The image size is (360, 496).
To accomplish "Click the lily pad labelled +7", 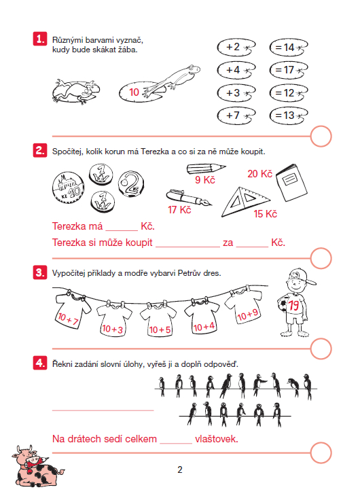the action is click(236, 116).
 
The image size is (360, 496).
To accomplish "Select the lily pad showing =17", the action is click(289, 70).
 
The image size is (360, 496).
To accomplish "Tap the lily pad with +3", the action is click(236, 93).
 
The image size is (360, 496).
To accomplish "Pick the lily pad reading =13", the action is click(289, 116).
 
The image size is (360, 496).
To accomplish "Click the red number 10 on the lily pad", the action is click(134, 92).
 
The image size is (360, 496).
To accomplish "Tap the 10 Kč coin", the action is click(69, 188).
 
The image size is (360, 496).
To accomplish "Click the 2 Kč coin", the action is click(131, 184).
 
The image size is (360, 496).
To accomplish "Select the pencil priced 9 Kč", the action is click(206, 169).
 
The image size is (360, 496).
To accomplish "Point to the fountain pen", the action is click(189, 198).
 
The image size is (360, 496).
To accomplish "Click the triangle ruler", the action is click(245, 202).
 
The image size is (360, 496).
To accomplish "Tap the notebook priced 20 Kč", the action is click(291, 183).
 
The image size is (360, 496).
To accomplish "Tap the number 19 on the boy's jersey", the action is click(293, 305).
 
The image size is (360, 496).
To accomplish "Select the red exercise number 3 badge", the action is click(40, 272).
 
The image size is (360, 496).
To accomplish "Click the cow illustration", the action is click(37, 466).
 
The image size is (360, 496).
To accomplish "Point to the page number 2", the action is click(180, 470).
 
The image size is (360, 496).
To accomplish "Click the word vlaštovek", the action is click(217, 439).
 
